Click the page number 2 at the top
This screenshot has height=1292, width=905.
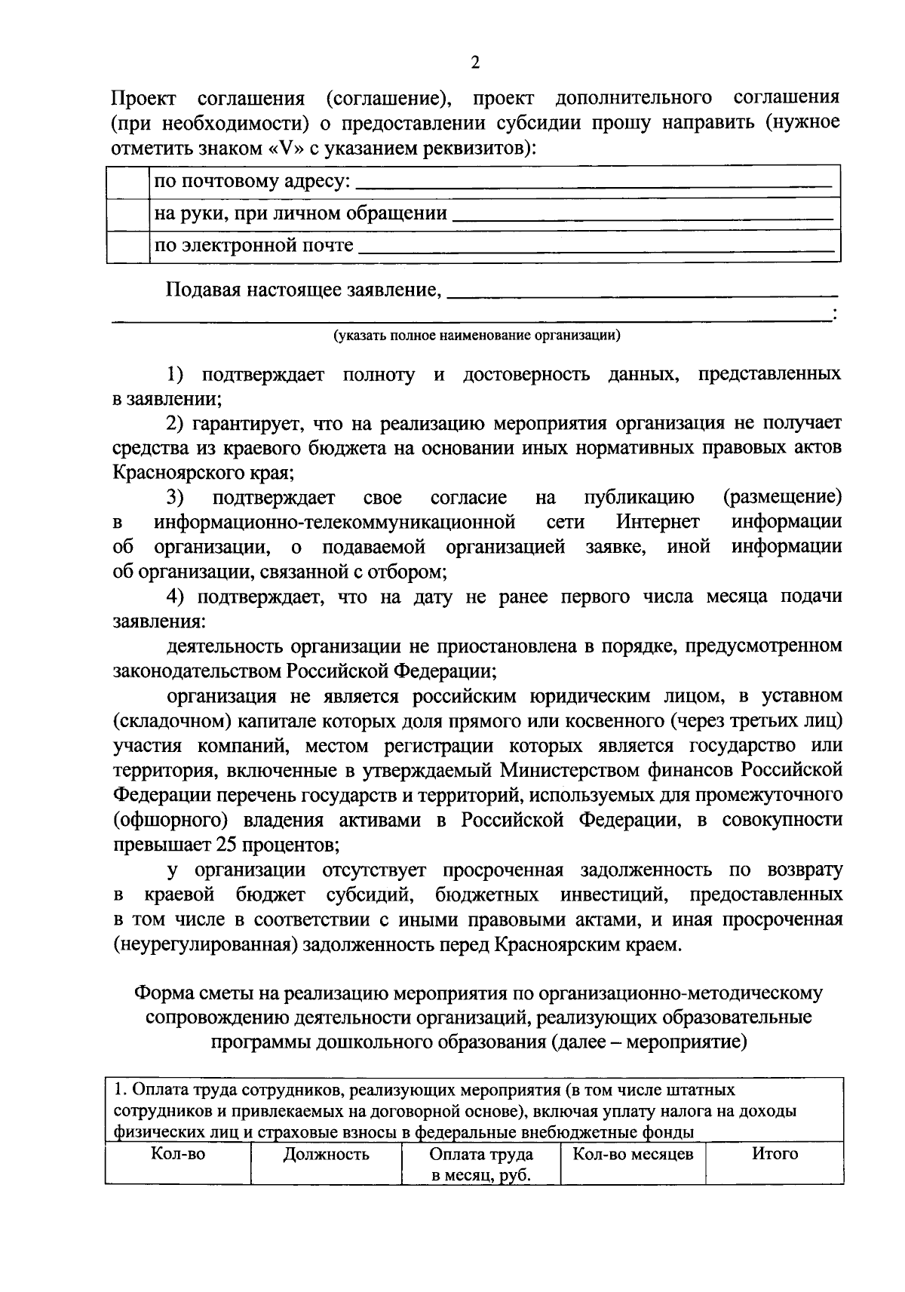tap(474, 63)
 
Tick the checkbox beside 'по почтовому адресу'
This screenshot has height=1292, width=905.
tap(128, 181)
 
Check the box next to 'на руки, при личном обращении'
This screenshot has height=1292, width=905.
tap(128, 214)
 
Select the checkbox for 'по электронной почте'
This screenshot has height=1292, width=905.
tap(128, 246)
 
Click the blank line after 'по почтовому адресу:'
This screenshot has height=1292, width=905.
tap(593, 184)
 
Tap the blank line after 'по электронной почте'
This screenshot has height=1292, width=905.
tap(596, 249)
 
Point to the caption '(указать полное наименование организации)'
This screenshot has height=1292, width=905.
tap(477, 336)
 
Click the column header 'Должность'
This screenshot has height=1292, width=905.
tap(326, 1155)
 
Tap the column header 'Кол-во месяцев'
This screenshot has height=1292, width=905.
tap(633, 1155)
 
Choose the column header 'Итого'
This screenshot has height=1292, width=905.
tap(774, 1155)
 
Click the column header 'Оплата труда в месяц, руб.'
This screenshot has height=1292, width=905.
tap(480, 1165)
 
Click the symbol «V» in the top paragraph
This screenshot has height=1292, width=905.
tap(286, 148)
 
